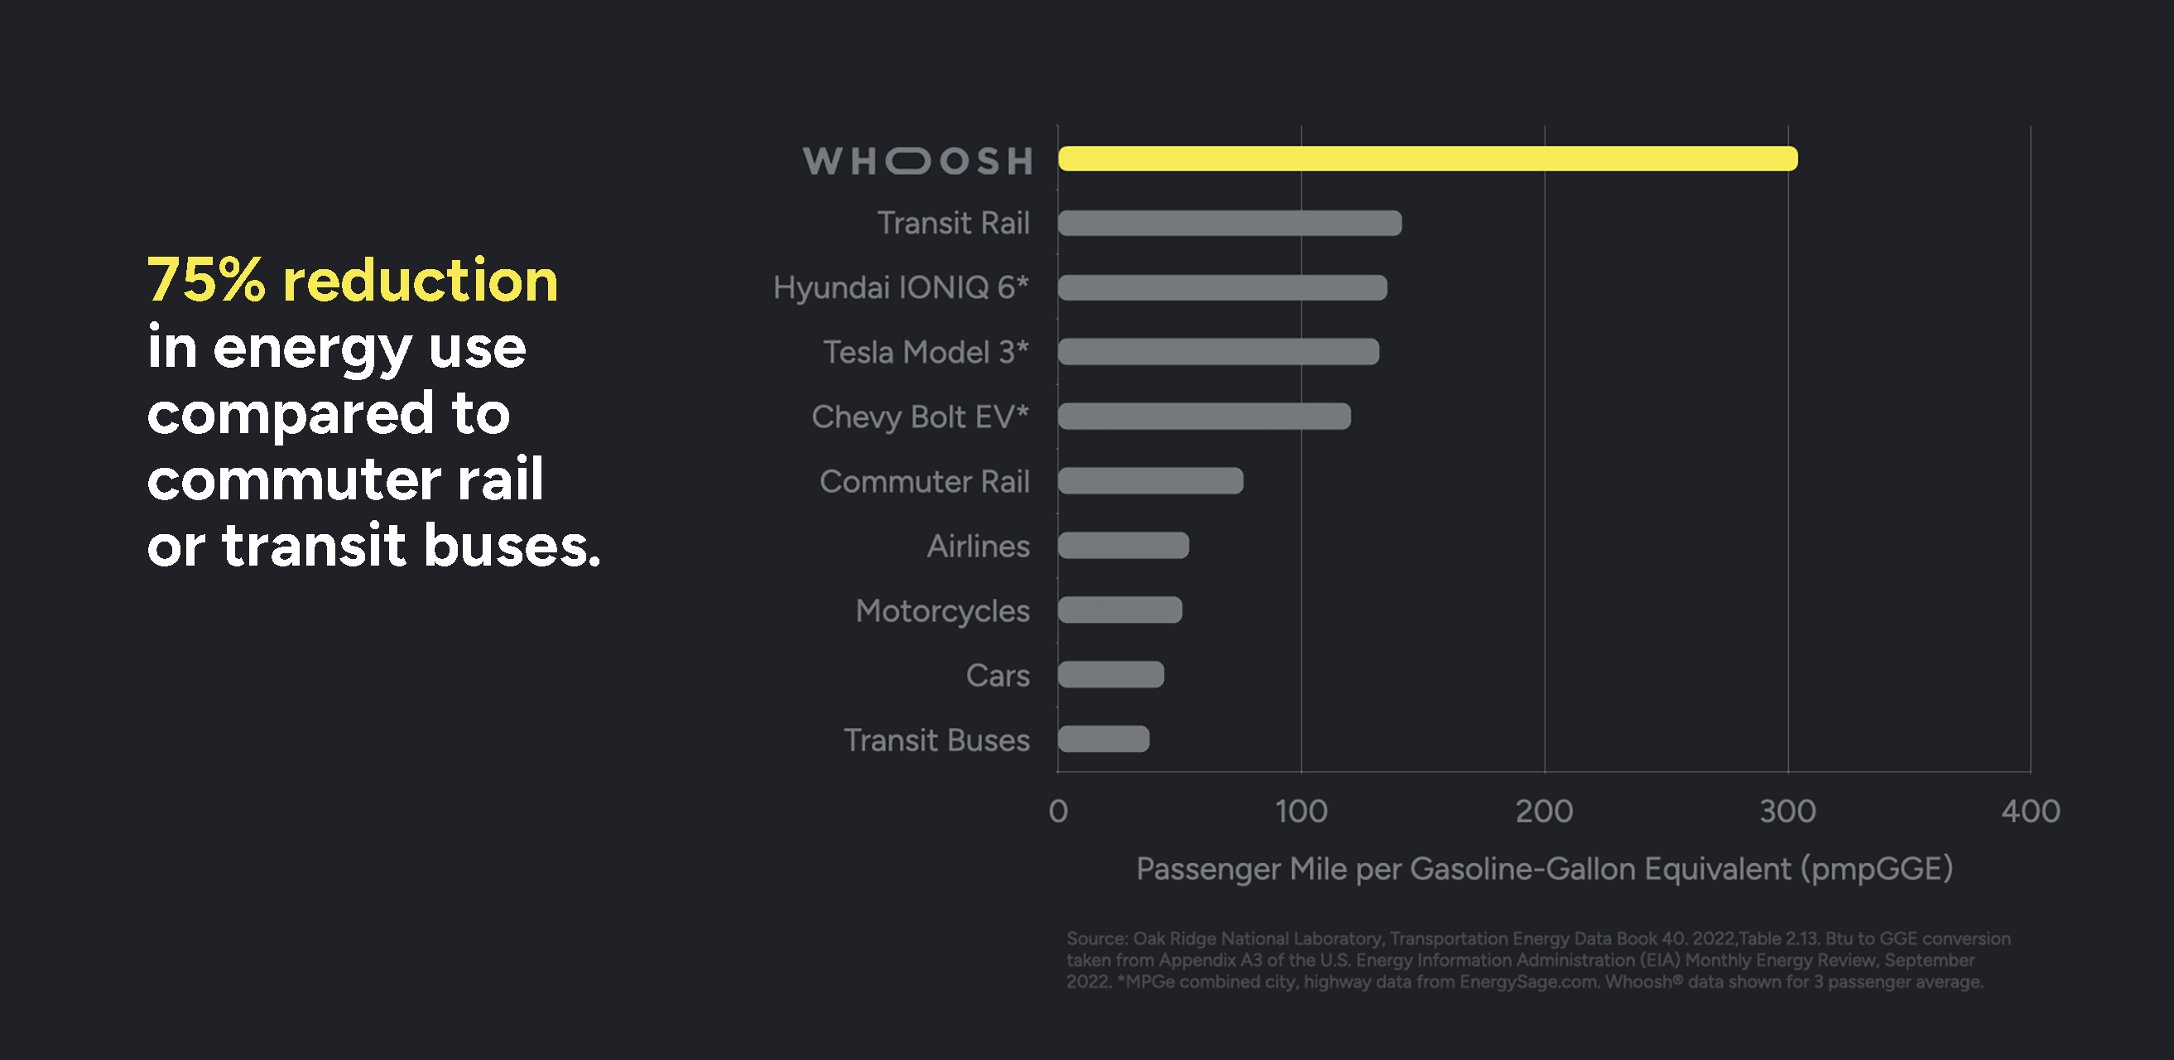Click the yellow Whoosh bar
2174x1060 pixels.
tap(1426, 159)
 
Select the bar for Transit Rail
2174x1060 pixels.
tap(1229, 224)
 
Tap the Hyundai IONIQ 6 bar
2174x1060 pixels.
tap(1221, 288)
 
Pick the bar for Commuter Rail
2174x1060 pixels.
tap(1149, 481)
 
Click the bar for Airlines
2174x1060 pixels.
tap(1123, 546)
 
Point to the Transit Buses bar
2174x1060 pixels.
tap(1103, 740)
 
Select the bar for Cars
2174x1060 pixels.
tap(1111, 675)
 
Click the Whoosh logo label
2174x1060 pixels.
tap(918, 161)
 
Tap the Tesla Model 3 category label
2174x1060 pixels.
tap(925, 353)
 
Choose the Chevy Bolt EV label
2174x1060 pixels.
tap(920, 417)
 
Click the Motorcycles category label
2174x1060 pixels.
tap(942, 611)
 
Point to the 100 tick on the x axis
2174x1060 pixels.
tap(1301, 812)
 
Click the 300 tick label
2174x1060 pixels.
tap(1787, 812)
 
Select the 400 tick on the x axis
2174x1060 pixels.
tap(2030, 812)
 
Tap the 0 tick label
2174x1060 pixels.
tap(1058, 812)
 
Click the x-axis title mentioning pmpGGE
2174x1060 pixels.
tap(1544, 870)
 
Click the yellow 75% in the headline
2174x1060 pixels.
tap(206, 280)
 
